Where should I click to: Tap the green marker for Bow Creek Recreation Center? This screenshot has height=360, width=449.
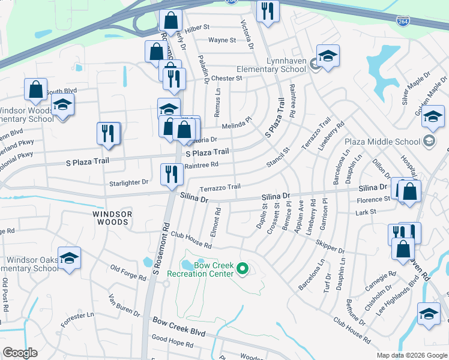point(243,269)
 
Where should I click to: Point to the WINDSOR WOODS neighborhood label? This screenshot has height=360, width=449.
point(110,218)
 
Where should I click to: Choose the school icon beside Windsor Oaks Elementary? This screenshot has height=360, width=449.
point(70,258)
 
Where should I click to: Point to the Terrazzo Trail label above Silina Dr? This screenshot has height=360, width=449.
point(220,187)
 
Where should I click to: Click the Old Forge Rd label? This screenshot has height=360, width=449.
point(128,273)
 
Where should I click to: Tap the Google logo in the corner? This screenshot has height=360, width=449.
point(20,353)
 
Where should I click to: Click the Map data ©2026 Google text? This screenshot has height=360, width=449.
point(412,355)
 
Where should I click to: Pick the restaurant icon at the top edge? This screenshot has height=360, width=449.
point(268,11)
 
